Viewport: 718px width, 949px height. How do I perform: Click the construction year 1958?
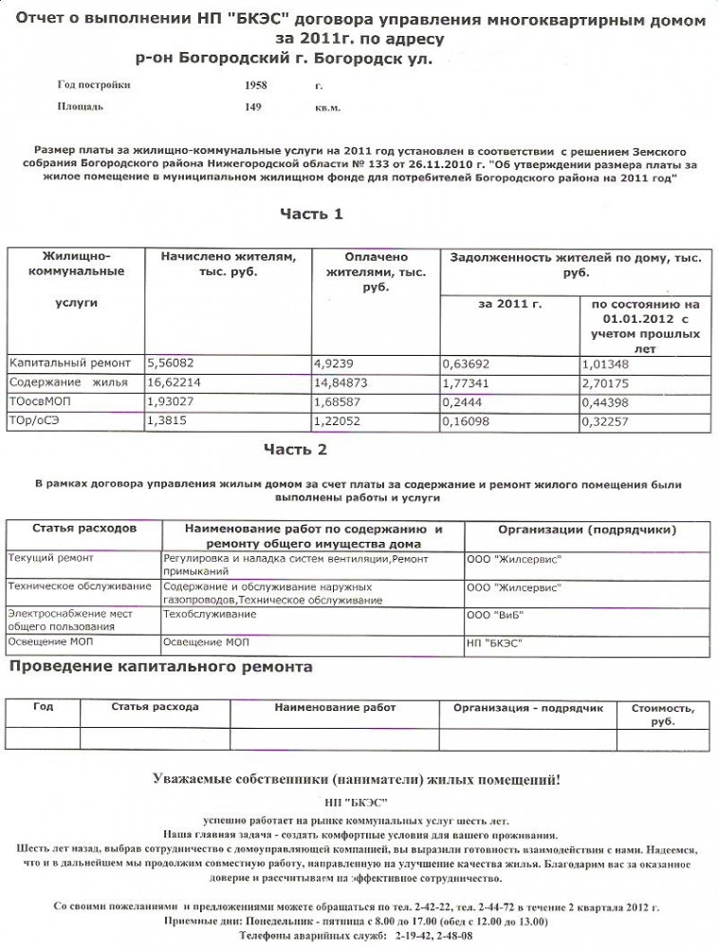click(x=256, y=85)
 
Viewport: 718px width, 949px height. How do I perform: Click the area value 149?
click(x=253, y=107)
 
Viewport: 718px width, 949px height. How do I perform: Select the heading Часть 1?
click(x=310, y=214)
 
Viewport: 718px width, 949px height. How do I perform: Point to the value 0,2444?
click(x=463, y=401)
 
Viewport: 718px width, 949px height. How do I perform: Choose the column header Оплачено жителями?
click(x=376, y=271)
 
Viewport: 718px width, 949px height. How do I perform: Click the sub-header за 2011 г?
click(x=509, y=305)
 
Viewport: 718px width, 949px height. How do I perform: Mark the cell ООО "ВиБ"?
click(x=495, y=614)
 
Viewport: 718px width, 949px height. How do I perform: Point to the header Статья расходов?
click(x=84, y=528)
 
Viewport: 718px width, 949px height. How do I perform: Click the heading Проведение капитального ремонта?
click(x=161, y=667)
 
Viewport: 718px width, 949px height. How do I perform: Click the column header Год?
click(x=43, y=708)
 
